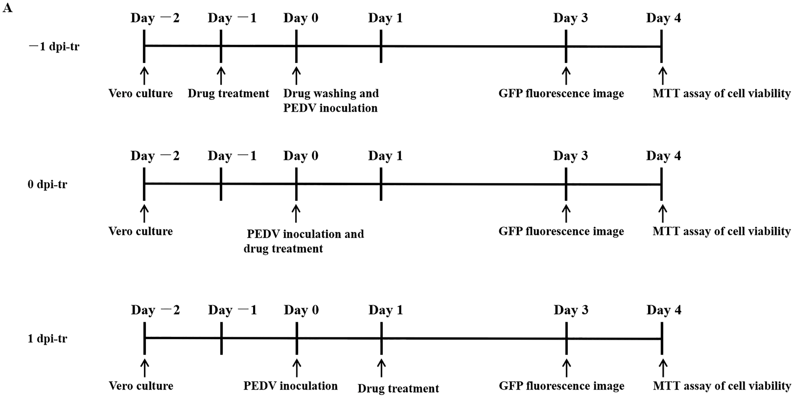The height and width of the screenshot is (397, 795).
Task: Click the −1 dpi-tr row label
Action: pos(54,47)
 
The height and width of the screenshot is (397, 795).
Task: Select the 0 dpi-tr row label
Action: pos(47,184)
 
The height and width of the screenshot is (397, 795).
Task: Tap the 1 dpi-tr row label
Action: pos(47,339)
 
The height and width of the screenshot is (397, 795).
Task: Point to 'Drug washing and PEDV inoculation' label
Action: pos(331,101)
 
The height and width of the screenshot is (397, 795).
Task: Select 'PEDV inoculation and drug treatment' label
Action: pos(304,241)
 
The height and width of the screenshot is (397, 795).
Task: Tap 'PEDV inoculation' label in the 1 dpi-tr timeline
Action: pos(290,386)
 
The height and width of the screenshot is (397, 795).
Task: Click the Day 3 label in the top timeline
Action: pos(570,18)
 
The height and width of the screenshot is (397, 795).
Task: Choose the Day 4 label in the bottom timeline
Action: pos(664,310)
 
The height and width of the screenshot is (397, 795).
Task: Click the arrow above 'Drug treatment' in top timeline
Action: pos(221,76)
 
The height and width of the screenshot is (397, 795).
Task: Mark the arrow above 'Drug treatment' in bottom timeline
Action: pos(381,369)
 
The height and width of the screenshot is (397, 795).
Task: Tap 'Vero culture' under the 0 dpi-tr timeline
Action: pos(141,231)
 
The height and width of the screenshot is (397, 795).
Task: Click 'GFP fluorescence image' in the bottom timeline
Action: pos(561,386)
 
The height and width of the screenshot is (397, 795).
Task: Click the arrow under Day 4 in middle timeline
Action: pos(662,214)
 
